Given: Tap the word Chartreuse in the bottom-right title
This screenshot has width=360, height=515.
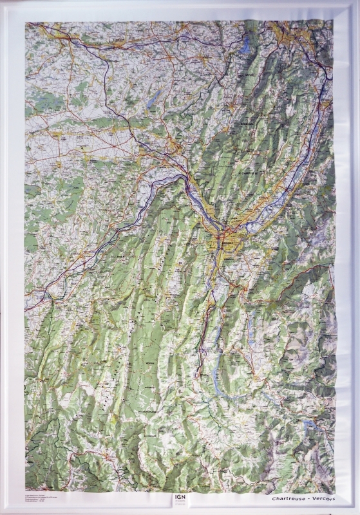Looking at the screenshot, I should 288,499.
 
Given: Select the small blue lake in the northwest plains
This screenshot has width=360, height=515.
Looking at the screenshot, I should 154,98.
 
